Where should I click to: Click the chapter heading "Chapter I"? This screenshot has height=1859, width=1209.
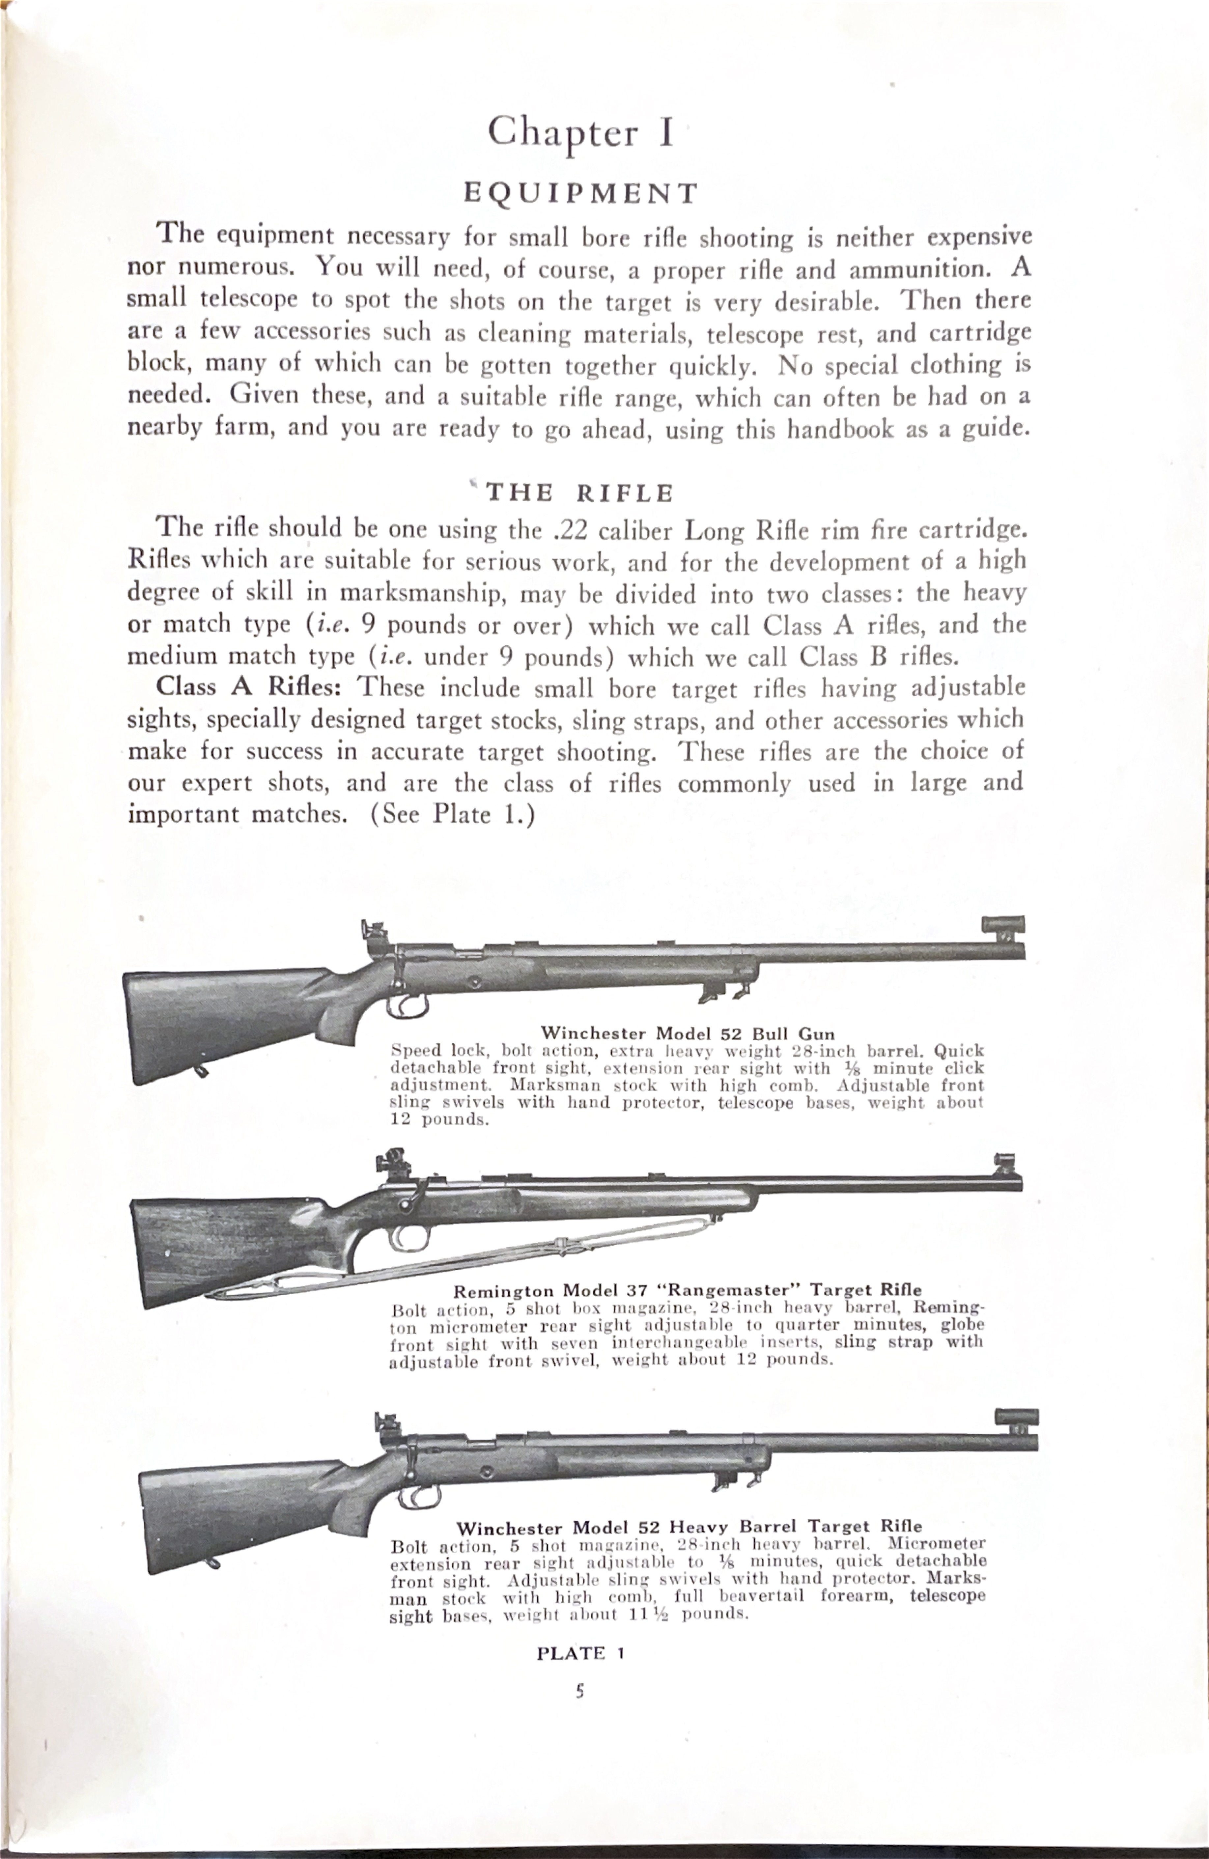[x=579, y=133]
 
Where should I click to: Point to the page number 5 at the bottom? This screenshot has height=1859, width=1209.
[x=579, y=1691]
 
